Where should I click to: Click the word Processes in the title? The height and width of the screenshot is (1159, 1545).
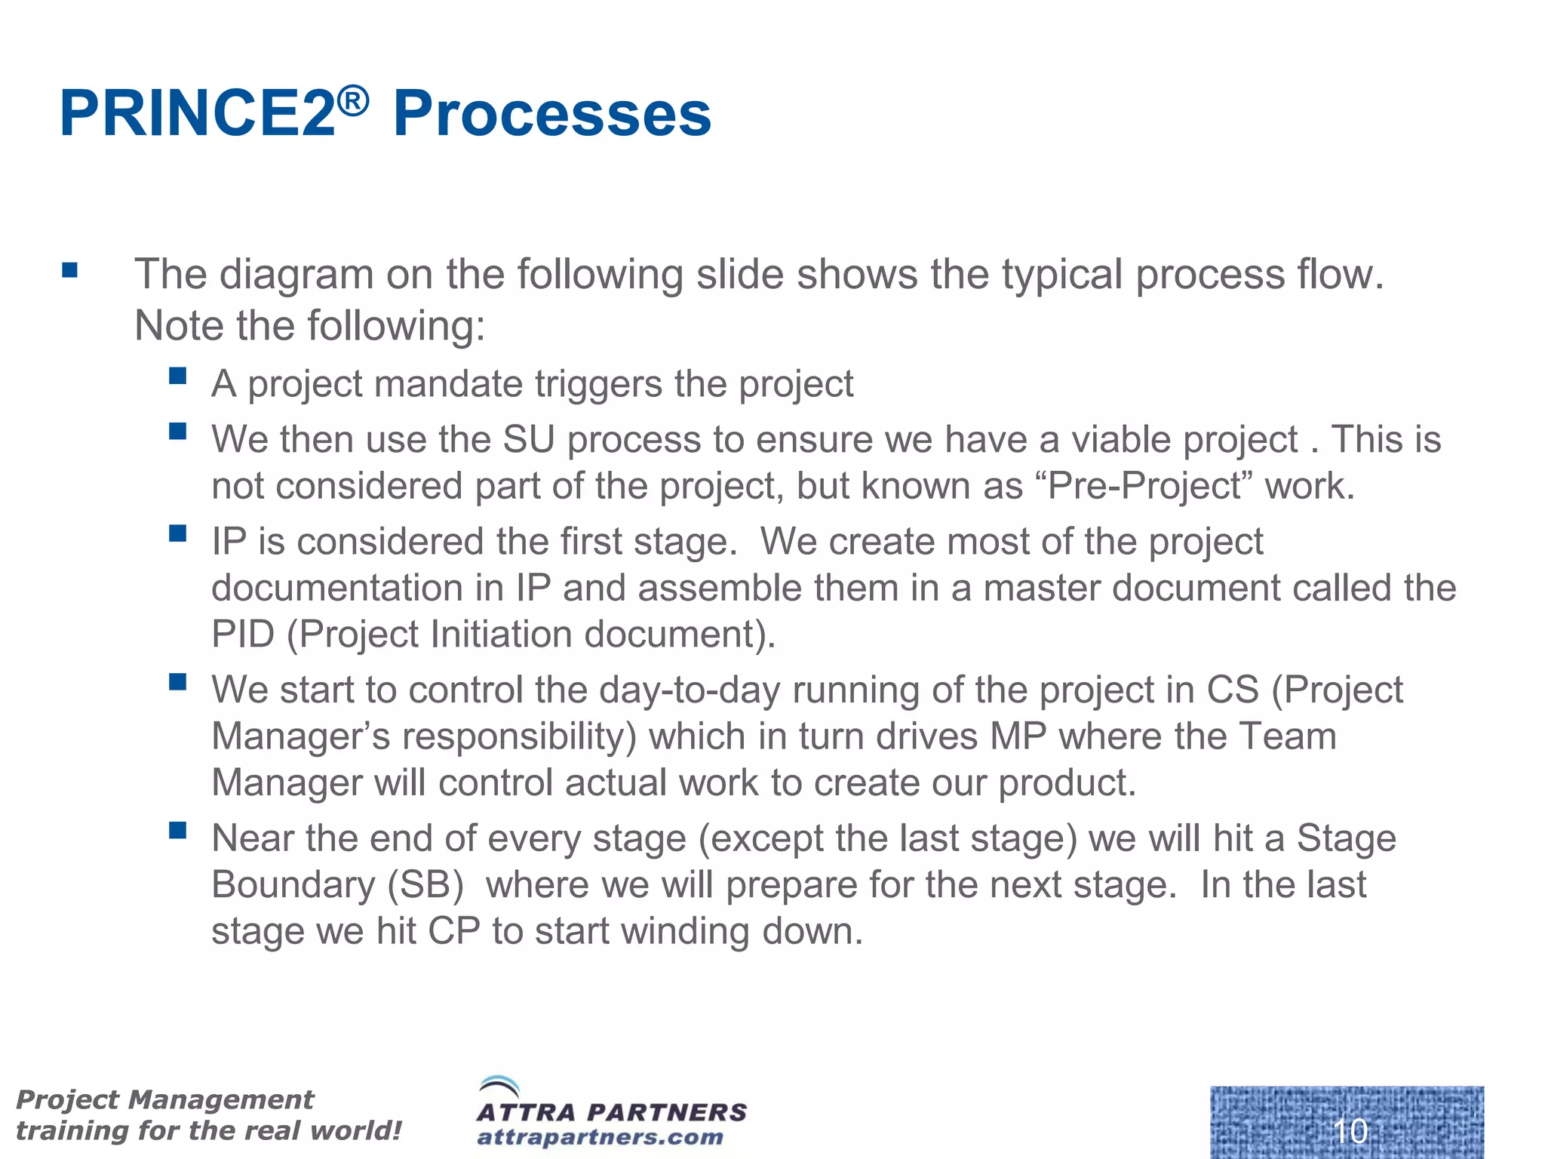point(551,115)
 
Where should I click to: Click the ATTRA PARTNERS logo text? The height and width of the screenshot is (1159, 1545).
point(611,1112)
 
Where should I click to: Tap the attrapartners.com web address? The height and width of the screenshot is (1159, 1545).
point(600,1137)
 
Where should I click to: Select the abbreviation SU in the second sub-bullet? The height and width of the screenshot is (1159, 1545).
point(528,440)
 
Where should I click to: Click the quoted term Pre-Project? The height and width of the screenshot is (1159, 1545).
point(1144,487)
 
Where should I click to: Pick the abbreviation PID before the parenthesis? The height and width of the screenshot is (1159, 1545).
point(242,635)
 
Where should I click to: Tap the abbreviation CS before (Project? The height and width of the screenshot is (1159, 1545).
point(1233,690)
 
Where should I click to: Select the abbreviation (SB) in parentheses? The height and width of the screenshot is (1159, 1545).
point(425,885)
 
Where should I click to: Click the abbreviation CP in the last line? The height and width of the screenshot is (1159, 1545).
point(454,932)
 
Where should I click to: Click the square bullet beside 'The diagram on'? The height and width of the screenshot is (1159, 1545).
point(70,270)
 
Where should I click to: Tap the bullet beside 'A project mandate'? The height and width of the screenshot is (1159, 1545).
point(178,376)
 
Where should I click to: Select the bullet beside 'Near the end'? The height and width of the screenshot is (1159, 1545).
point(178,831)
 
